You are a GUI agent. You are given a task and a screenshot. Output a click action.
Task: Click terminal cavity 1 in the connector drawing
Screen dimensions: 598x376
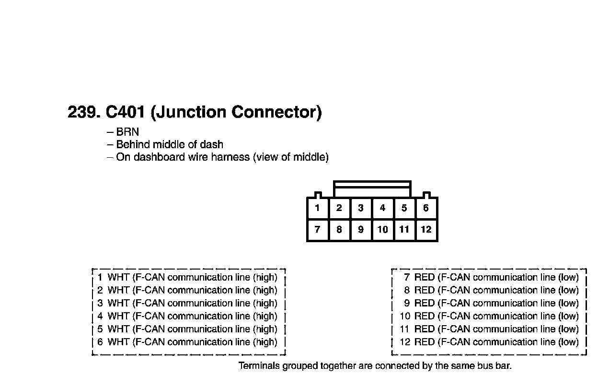[318, 208]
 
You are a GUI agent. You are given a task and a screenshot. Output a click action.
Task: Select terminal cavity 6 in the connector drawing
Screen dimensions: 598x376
[426, 208]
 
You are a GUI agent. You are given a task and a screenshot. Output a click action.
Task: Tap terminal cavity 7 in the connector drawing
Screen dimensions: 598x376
[318, 230]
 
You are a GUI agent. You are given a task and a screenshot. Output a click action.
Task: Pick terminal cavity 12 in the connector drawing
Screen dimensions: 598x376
[426, 230]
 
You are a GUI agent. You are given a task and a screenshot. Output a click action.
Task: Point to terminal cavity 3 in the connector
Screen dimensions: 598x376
[361, 208]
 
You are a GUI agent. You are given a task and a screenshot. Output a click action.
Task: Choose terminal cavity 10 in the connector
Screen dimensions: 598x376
[382, 230]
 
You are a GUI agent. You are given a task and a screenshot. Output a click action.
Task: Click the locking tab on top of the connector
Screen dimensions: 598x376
[372, 189]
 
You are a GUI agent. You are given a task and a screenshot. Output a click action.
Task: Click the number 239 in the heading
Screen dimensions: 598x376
[82, 112]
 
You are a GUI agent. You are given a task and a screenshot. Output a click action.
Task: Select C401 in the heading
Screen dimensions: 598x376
[126, 112]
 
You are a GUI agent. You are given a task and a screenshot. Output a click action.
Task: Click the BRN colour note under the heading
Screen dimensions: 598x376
[127, 132]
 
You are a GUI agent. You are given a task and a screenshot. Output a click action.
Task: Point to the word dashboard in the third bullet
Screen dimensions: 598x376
[159, 157]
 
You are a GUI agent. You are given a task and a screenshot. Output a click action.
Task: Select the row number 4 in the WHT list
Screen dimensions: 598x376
[100, 316]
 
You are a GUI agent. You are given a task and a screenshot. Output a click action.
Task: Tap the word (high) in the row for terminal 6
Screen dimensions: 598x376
[265, 342]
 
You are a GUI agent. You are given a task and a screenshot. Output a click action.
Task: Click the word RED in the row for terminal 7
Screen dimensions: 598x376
[425, 277]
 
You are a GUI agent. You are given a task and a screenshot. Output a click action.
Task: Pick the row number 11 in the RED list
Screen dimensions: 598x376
[404, 329]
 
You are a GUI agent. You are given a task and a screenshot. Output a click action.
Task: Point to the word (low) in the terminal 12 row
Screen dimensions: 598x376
[568, 342]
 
